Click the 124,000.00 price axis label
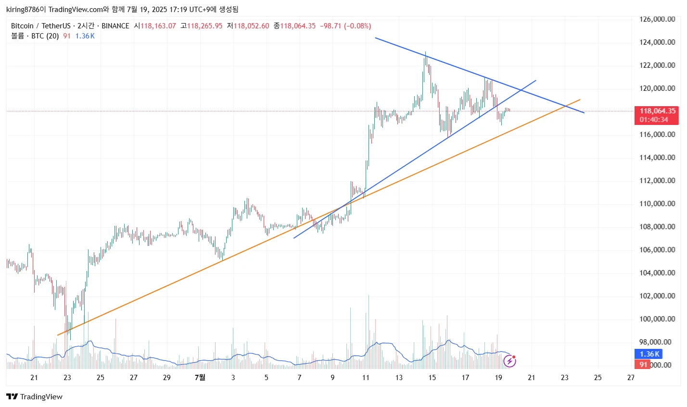click(x=657, y=42)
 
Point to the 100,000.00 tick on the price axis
click(x=657, y=319)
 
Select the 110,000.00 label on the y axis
click(x=657, y=204)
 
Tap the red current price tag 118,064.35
click(x=657, y=111)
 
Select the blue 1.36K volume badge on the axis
click(x=649, y=354)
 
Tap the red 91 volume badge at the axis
click(x=644, y=365)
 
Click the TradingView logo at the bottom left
click(x=35, y=397)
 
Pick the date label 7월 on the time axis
click(x=200, y=378)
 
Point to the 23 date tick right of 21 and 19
click(x=565, y=378)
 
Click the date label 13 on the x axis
click(x=399, y=378)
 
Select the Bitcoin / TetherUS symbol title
click(x=41, y=26)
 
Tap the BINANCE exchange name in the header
click(x=115, y=26)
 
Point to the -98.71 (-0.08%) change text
click(x=345, y=26)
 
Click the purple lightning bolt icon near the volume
click(x=509, y=361)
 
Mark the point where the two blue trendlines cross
click(x=521, y=90)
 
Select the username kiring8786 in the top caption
click(x=23, y=9)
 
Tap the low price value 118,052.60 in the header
click(x=251, y=26)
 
